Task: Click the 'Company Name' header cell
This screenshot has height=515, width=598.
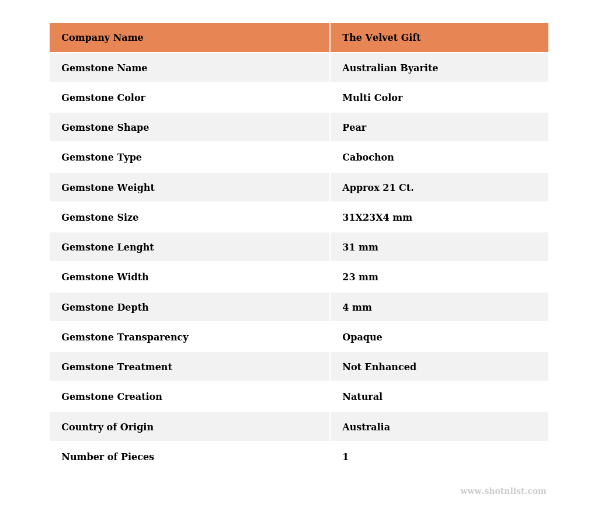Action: [102, 38]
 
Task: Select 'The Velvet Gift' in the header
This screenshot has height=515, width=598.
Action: [381, 38]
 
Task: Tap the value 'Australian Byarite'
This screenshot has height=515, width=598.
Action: [390, 68]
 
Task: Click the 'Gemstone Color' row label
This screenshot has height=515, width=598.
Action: [103, 98]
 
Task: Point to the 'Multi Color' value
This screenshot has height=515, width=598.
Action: [372, 98]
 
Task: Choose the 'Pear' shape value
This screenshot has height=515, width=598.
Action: [354, 128]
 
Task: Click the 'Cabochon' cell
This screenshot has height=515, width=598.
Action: [368, 158]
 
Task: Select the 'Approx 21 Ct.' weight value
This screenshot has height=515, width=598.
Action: [378, 188]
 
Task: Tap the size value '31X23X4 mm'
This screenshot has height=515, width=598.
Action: [377, 218]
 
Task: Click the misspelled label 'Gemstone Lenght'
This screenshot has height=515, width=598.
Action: [107, 248]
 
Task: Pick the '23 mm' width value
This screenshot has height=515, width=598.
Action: [360, 277]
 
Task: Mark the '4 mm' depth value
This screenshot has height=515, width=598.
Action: [357, 308]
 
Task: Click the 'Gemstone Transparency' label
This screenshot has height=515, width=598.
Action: [125, 337]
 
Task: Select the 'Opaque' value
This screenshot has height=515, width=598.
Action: [362, 337]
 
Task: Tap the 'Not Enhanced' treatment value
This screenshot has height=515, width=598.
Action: [379, 367]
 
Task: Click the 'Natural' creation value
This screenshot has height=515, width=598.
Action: [362, 397]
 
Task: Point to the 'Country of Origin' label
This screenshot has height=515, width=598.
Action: [107, 427]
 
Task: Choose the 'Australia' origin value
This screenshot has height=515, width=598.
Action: [366, 427]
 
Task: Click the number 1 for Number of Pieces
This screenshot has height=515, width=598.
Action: [345, 457]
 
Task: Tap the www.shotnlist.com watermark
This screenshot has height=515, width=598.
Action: [503, 492]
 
